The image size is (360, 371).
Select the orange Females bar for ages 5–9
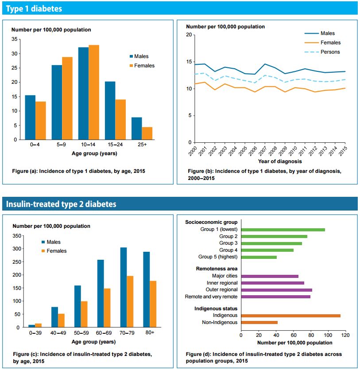point(67,98)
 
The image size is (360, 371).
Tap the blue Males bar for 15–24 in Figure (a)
point(110,111)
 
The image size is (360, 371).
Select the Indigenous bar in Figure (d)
point(290,316)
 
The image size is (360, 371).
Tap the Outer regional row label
point(222,290)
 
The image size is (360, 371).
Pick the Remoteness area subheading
point(217,269)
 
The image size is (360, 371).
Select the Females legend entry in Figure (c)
point(56,251)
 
